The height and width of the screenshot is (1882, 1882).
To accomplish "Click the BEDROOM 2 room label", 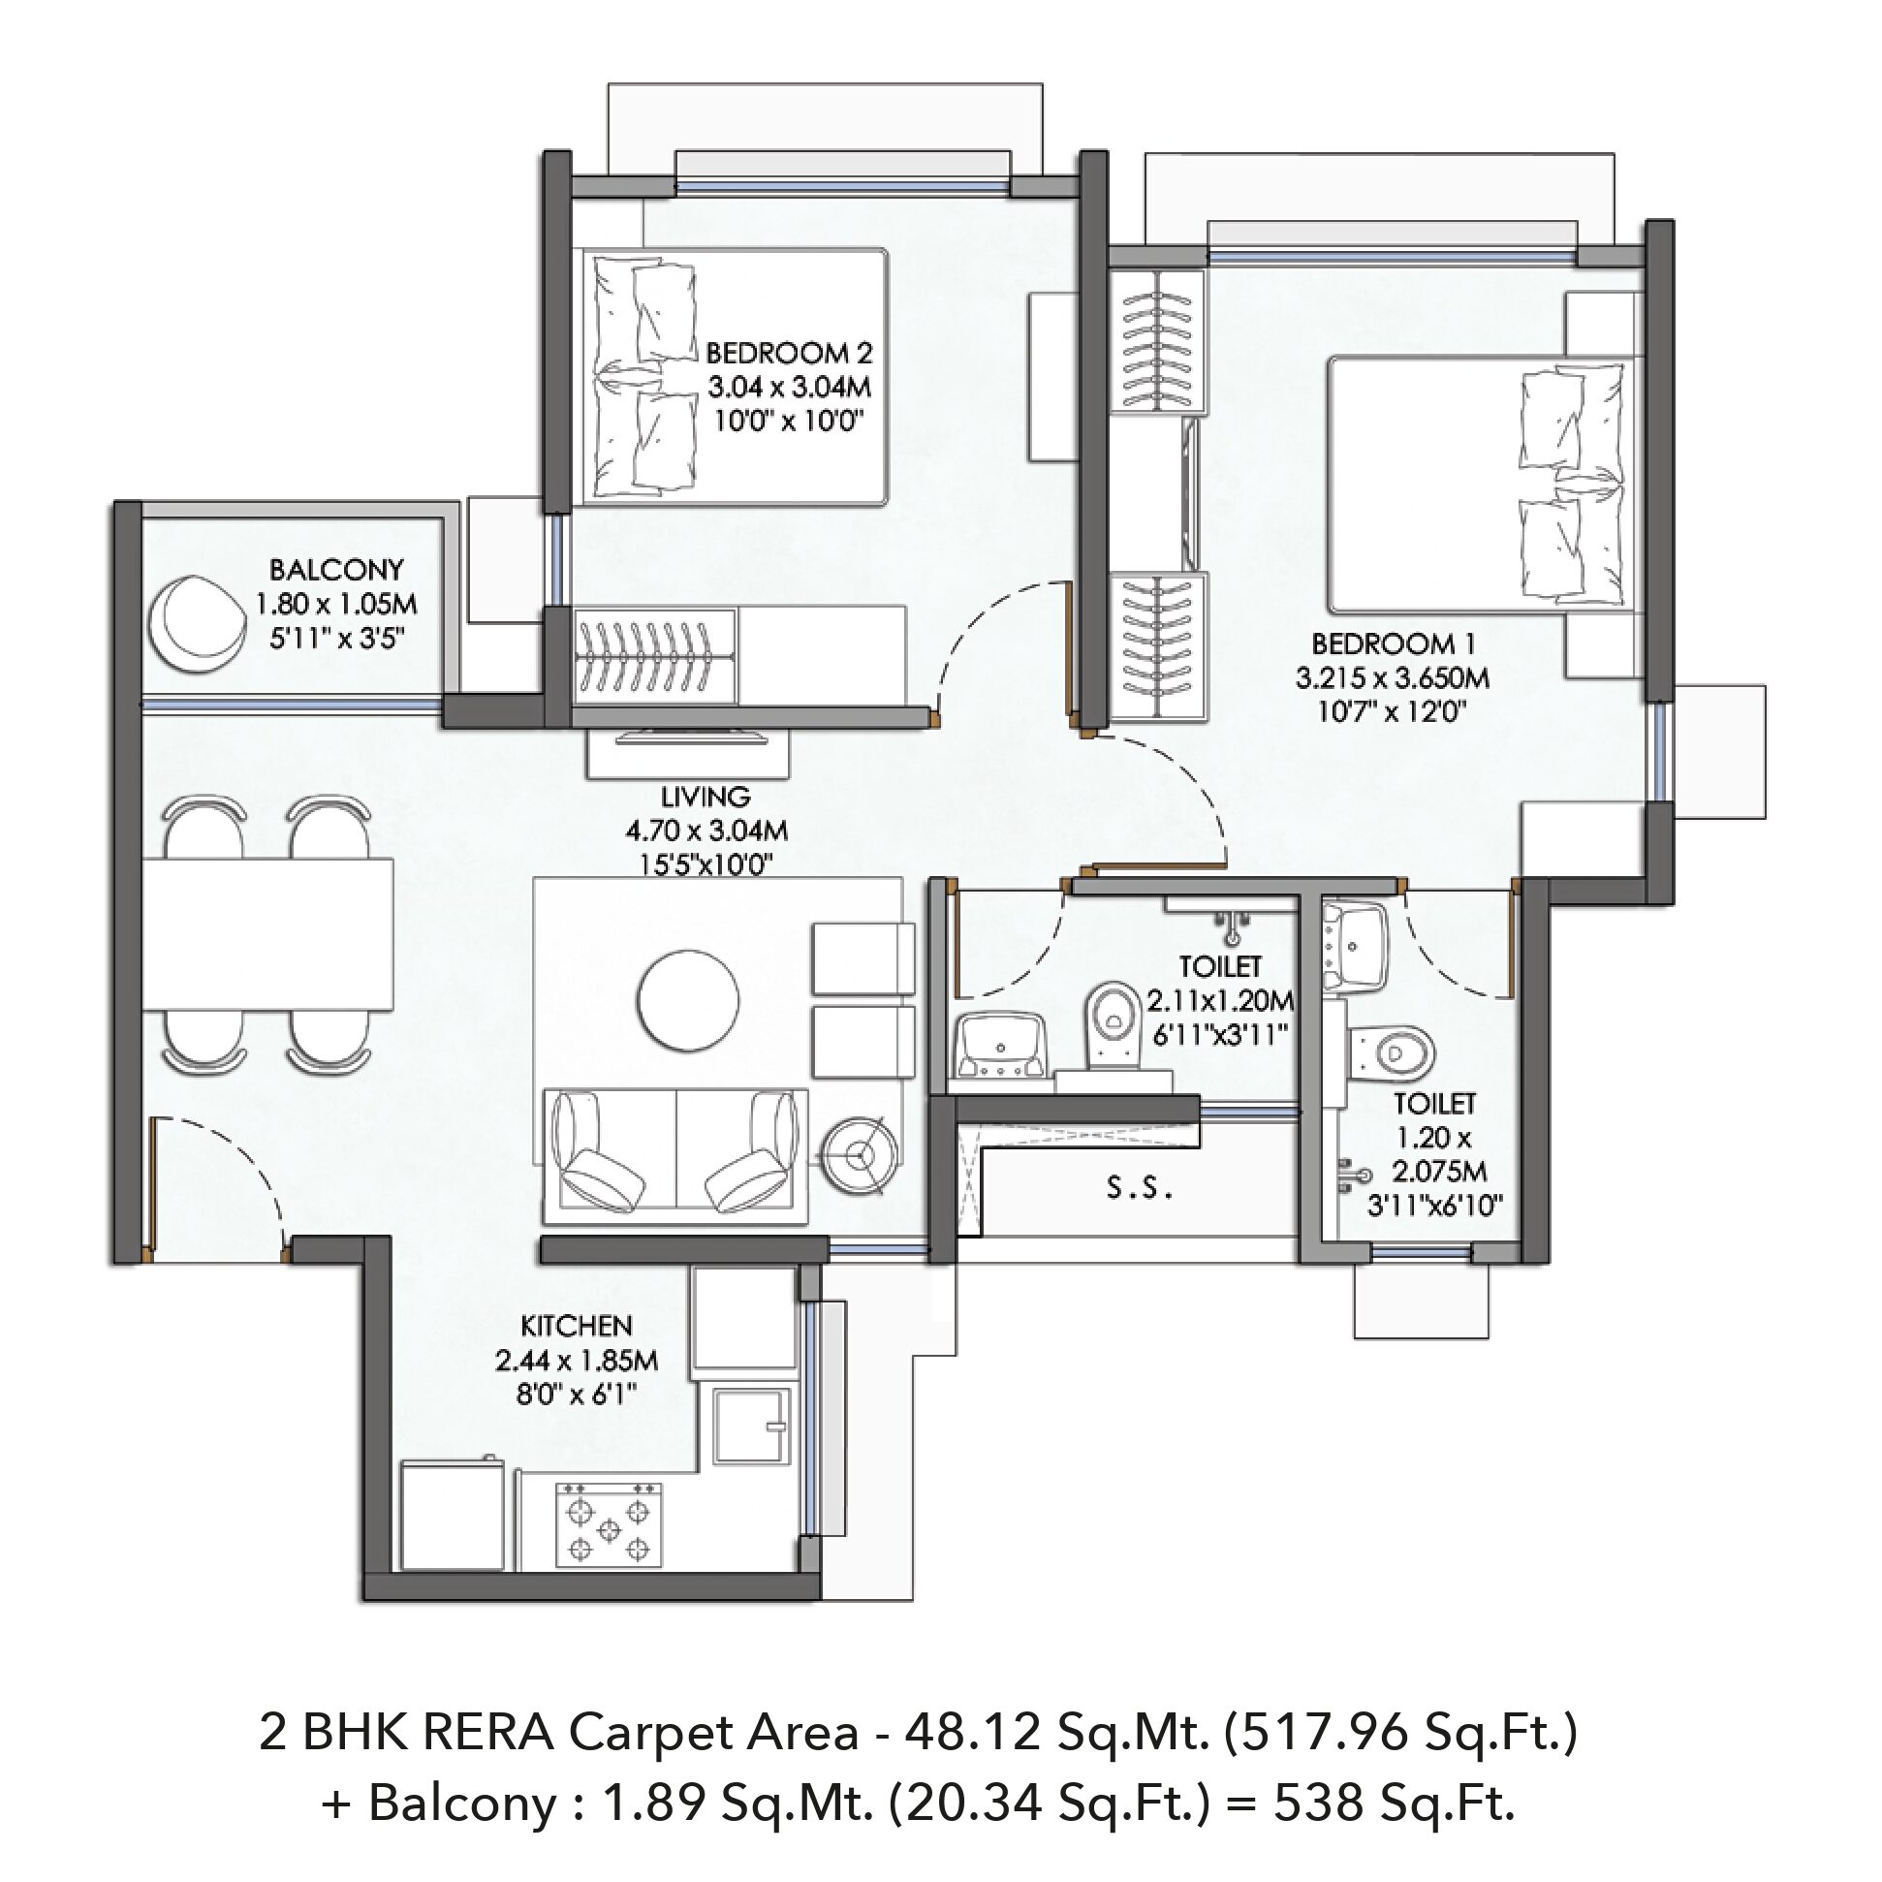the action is pos(789,352).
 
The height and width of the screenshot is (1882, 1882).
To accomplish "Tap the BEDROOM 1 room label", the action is pos(1393,643).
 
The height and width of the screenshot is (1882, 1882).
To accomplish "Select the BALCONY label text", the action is pos(336,569).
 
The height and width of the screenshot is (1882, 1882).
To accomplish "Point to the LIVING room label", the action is pos(706,797).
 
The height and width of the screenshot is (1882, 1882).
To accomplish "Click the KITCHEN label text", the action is pos(577,1326).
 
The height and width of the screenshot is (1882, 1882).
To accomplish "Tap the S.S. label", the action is pos(1139,1188).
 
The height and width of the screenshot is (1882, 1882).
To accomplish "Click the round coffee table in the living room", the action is pos(688,999).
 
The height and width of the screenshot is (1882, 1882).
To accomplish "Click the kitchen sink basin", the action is pos(750,1427).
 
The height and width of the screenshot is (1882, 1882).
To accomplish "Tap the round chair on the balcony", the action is pos(197,623).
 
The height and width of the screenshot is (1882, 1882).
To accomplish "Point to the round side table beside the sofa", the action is pos(859,1155).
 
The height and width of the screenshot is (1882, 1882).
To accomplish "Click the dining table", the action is pos(267,933).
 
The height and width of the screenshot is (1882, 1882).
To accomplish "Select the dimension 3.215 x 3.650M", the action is pos(1392,677).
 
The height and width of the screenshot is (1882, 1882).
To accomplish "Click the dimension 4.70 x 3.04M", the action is pos(706,831).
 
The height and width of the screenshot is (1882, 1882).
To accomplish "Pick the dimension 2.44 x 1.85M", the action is pos(577,1360).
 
